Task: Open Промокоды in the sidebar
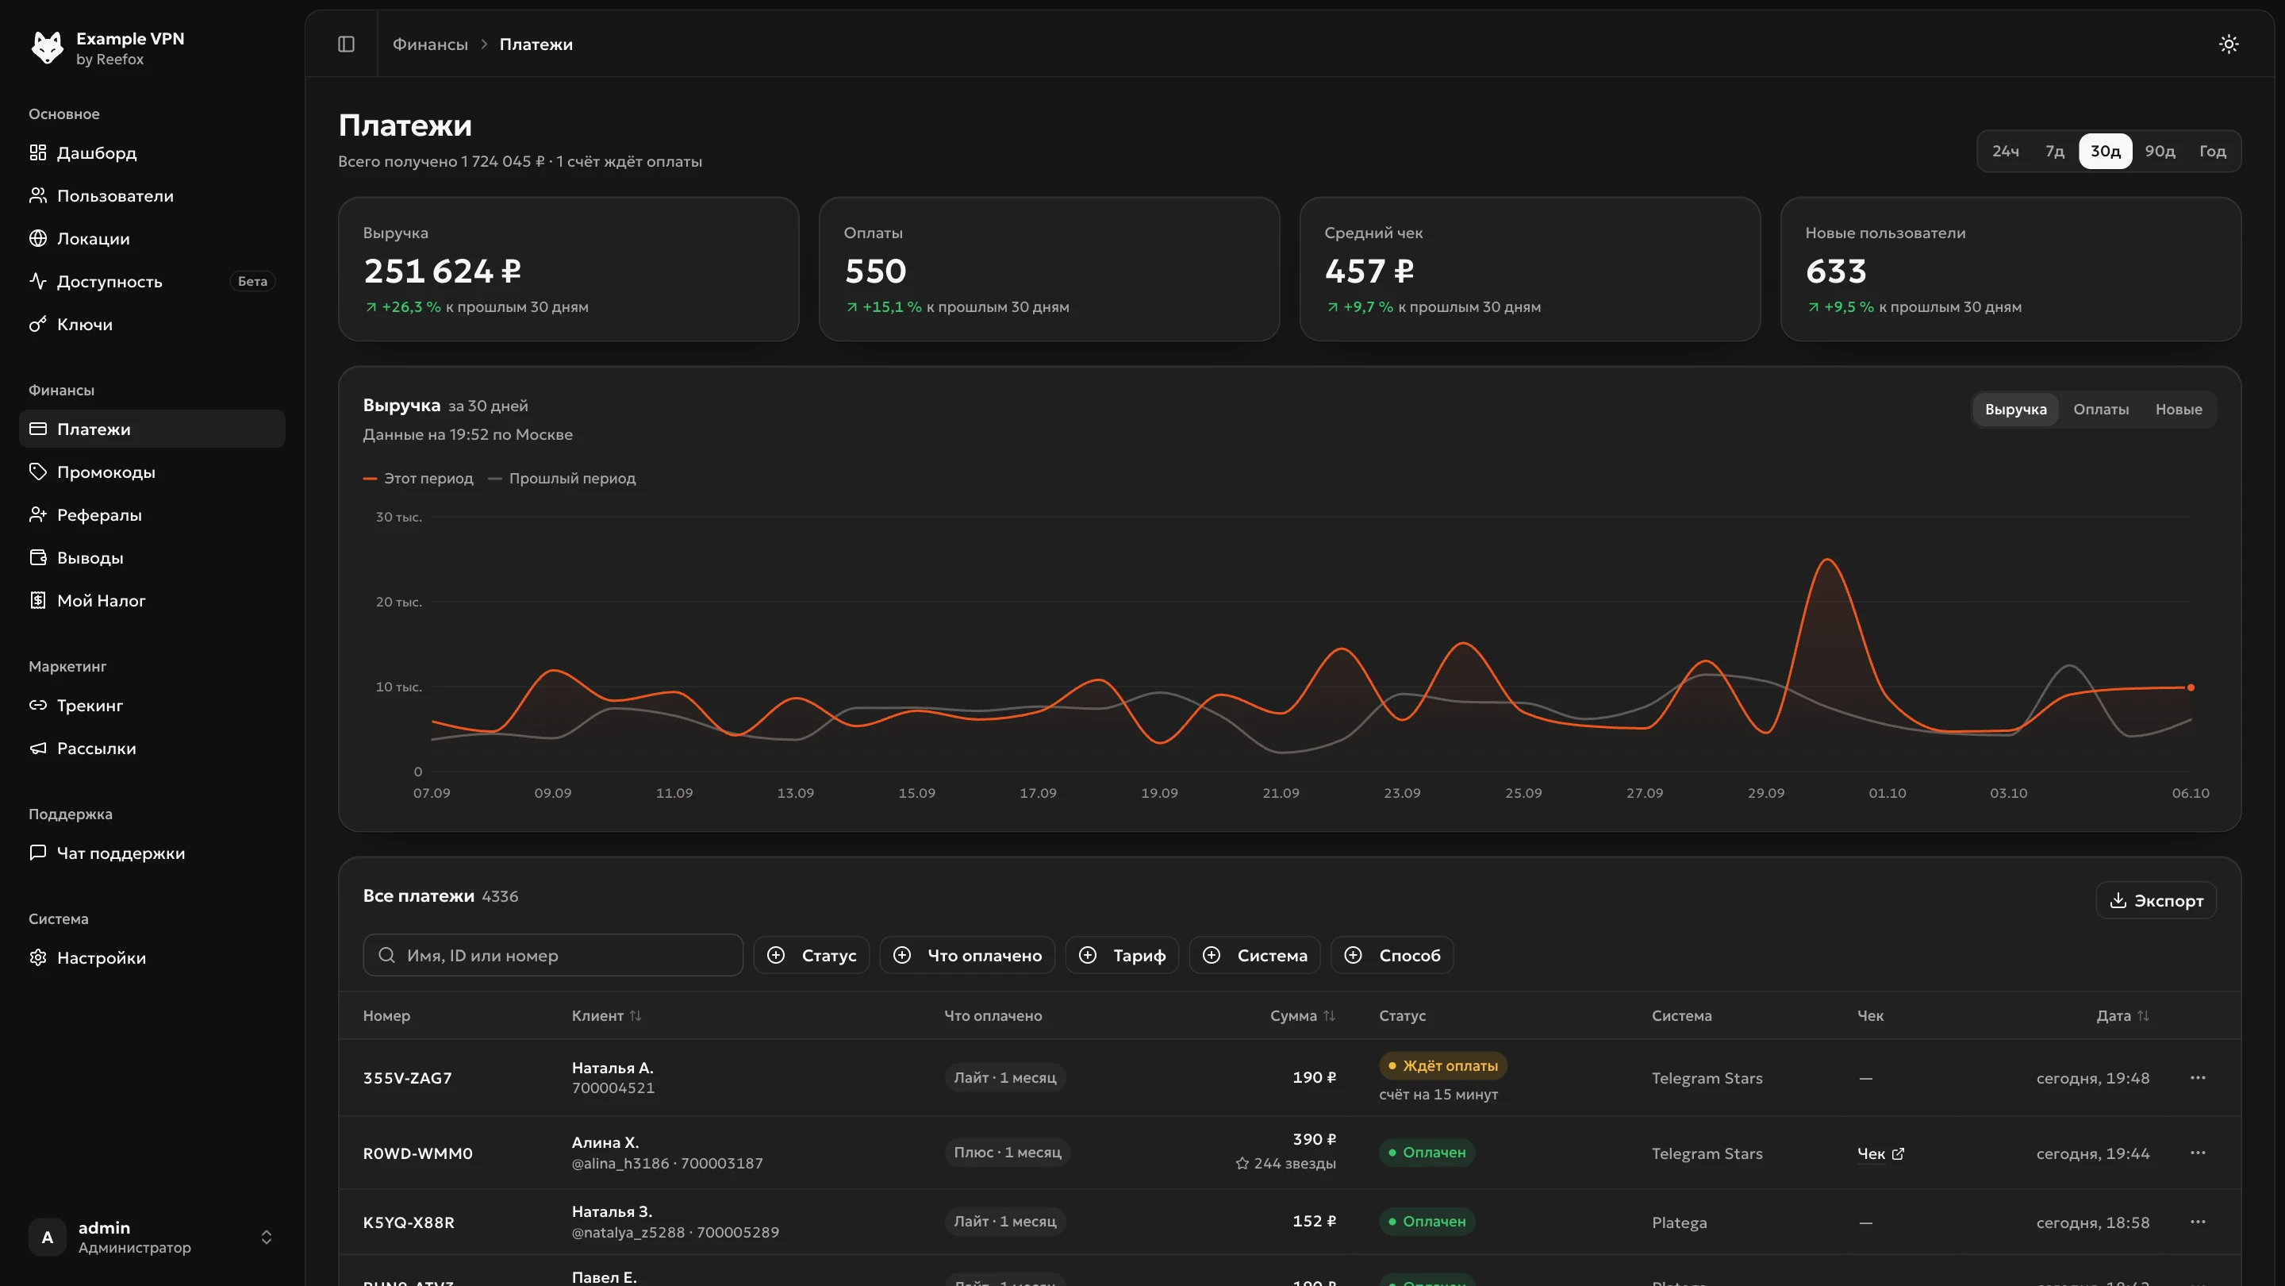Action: pos(106,472)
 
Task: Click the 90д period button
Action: pos(2159,151)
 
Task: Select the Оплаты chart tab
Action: pos(2099,409)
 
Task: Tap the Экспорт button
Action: pos(2156,900)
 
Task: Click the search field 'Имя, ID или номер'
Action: pos(553,955)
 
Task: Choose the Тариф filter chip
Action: pos(1121,955)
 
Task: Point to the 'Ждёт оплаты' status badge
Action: pos(1442,1065)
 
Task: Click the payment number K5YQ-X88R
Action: pos(408,1222)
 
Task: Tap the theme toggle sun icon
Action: pos(2228,44)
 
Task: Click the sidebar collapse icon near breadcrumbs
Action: pos(346,44)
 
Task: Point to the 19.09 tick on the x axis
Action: pos(1159,792)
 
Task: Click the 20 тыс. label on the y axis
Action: pos(398,602)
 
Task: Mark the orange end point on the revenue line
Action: pos(2190,687)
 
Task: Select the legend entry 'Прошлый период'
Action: pos(563,479)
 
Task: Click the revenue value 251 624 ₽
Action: pos(442,271)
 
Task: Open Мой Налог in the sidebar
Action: pos(101,601)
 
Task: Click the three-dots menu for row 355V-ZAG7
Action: pos(2197,1077)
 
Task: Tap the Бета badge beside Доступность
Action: pos(253,281)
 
